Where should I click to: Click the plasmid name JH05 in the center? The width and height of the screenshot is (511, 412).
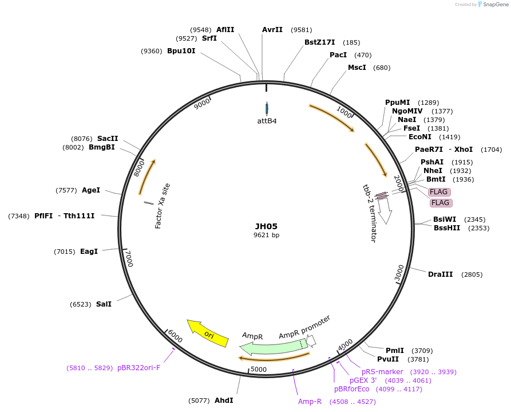(x=266, y=226)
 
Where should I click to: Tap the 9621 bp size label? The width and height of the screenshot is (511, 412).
(x=266, y=235)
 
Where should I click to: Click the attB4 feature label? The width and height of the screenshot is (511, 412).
(x=267, y=121)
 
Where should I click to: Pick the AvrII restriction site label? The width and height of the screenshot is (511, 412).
(x=272, y=30)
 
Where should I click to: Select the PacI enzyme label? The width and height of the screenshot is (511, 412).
(x=338, y=55)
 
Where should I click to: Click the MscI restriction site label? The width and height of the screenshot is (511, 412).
(x=357, y=68)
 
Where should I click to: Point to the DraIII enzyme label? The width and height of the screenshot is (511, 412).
(x=441, y=274)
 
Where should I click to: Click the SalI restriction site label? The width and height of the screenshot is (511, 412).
(x=104, y=304)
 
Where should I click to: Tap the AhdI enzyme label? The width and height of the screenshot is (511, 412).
(x=224, y=400)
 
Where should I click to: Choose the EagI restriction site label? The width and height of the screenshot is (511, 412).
(x=89, y=252)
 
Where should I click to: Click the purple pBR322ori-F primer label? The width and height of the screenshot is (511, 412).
(x=138, y=367)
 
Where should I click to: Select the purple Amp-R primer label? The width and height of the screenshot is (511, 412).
(x=310, y=401)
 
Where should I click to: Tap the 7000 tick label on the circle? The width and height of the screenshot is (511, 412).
(x=129, y=258)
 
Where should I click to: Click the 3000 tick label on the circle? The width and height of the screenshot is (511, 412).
(x=399, y=273)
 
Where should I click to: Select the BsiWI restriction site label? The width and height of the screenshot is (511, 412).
(x=445, y=219)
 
